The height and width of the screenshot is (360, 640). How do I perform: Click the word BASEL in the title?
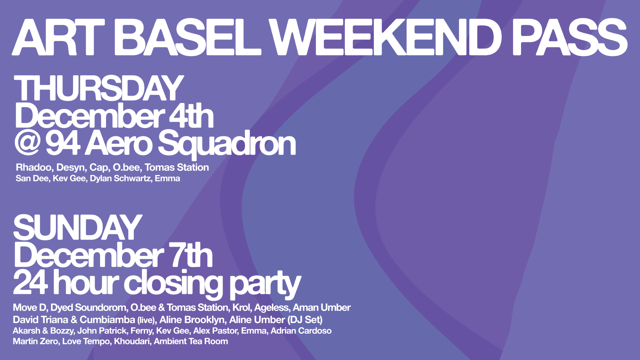(x=189, y=37)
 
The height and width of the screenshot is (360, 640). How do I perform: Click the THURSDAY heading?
(x=99, y=88)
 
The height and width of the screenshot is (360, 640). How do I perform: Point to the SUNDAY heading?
(x=78, y=228)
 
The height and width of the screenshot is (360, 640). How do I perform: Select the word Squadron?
(x=227, y=144)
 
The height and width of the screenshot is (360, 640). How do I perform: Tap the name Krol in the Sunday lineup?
(x=241, y=307)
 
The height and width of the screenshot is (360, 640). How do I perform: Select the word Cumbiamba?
(x=107, y=320)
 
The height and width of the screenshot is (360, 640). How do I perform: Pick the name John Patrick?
(x=102, y=331)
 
